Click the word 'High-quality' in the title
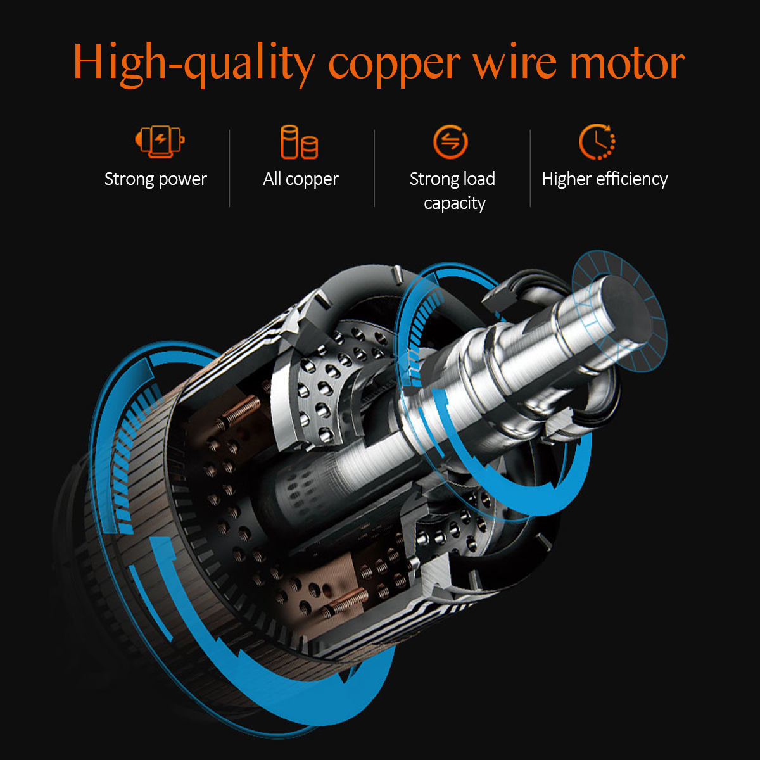pos(194,63)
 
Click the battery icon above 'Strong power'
pos(160,141)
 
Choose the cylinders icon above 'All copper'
pos(300,142)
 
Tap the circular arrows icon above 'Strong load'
pos(450,141)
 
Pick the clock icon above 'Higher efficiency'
pos(597,142)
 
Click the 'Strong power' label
pos(155,179)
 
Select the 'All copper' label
pos(301,179)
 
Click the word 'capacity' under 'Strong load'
pos(455,204)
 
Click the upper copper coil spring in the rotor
pos(239,412)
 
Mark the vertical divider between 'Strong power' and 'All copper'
pos(229,168)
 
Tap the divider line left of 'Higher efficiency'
pos(530,168)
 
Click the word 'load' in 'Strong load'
pos(479,179)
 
